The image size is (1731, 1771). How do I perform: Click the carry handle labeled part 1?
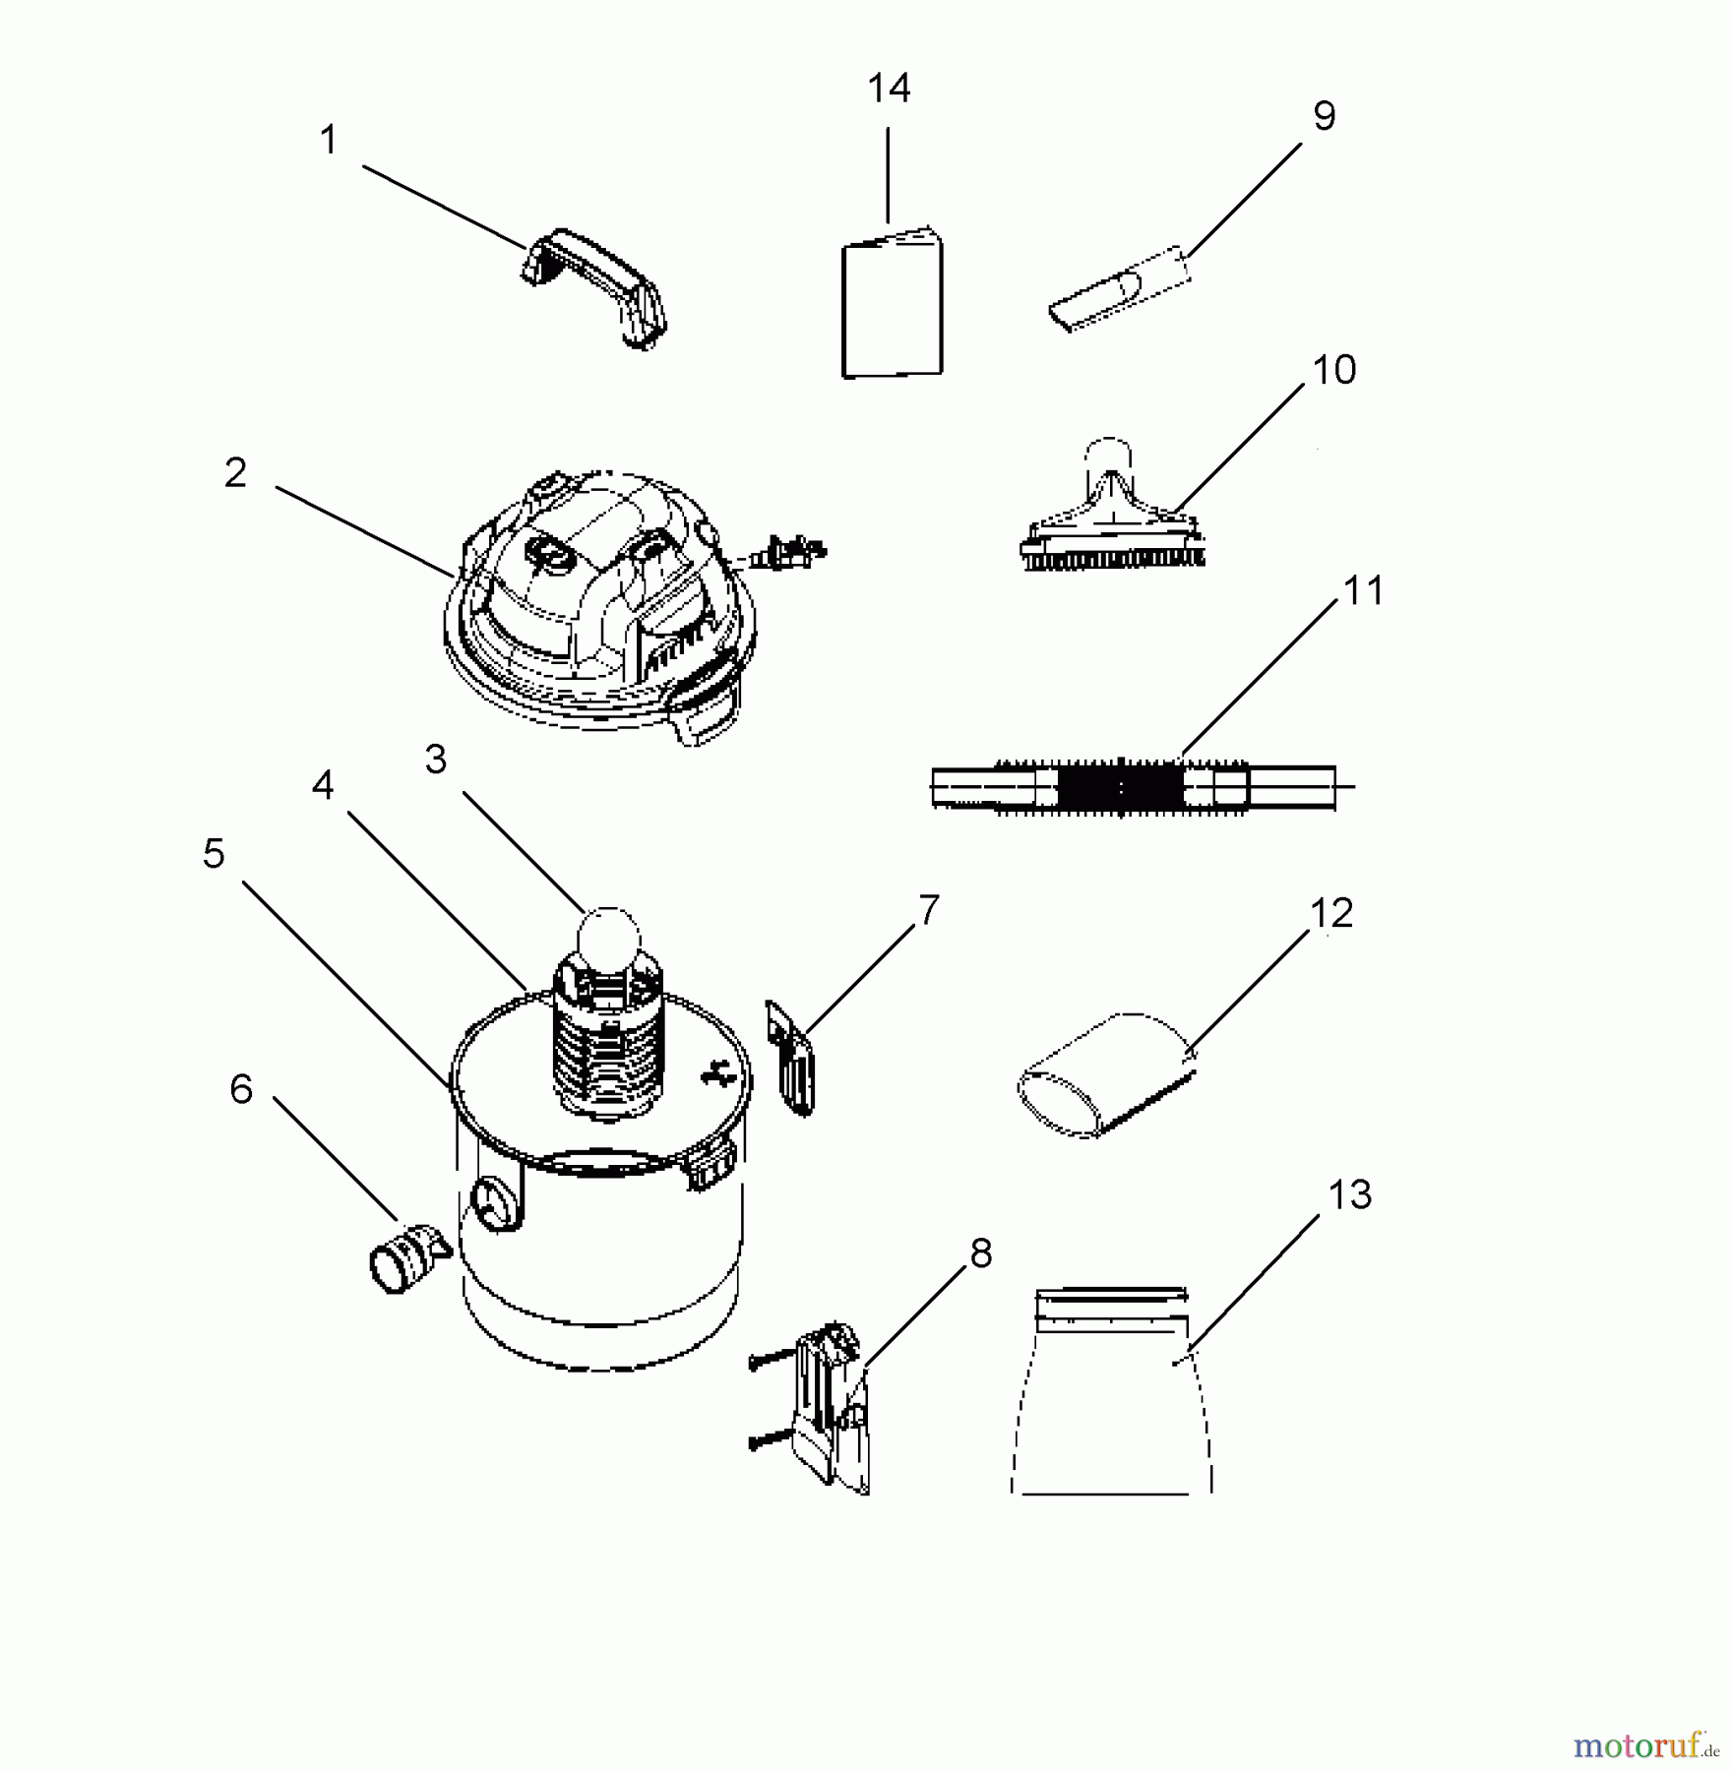pos(594,285)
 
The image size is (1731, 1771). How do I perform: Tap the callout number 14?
pos(889,90)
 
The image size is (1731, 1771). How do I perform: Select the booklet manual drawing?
pos(892,306)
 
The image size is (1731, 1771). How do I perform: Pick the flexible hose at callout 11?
pos(1132,788)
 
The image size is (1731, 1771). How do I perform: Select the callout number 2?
pos(235,473)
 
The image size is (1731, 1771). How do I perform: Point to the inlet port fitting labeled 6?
pos(404,1256)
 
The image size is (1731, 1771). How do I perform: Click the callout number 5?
pos(214,854)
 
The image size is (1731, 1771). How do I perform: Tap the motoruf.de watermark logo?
pos(1644,1746)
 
